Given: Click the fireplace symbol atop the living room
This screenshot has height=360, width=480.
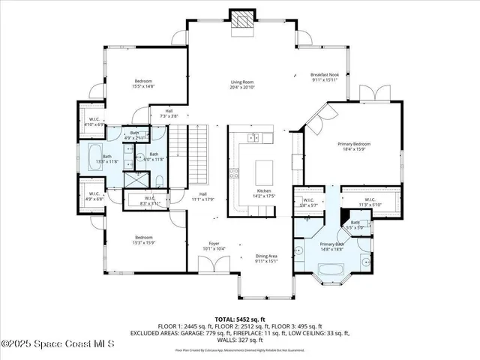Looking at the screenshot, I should tap(243, 22).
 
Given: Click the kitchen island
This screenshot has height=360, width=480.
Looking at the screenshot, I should tap(265, 173).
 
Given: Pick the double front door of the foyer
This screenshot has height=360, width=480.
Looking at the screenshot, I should tap(211, 266).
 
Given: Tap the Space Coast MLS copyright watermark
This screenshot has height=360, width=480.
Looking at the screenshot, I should tap(58, 344).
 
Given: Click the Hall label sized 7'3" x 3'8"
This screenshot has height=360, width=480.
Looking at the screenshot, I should tap(168, 114).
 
